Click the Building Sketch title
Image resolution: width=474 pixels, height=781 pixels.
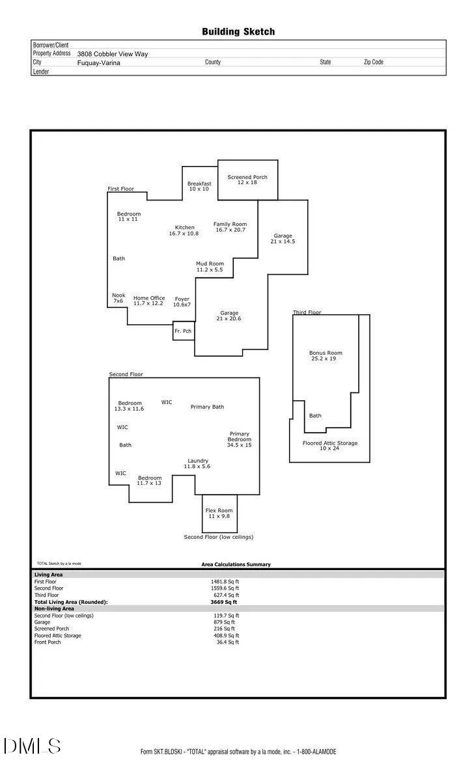(238, 32)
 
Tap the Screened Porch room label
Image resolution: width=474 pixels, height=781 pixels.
(247, 180)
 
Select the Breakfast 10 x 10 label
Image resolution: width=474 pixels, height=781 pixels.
(199, 186)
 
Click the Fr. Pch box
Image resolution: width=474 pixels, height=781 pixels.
(184, 331)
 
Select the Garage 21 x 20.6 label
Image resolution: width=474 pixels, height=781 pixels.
(229, 316)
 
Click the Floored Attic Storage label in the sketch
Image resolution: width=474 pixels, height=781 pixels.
(330, 446)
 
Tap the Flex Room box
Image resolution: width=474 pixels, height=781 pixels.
(219, 514)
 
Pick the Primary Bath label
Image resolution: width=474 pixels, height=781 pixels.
(207, 407)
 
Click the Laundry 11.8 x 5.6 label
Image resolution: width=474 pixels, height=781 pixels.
(197, 463)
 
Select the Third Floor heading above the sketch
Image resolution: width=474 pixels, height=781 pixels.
(307, 312)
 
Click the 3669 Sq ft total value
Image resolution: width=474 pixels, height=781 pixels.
(223, 602)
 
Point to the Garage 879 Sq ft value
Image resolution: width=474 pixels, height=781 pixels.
(224, 622)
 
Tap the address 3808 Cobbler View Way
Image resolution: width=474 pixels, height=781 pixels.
(113, 54)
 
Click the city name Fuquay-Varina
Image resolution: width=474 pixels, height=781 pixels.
(99, 62)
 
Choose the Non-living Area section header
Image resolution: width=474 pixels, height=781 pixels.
(54, 609)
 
